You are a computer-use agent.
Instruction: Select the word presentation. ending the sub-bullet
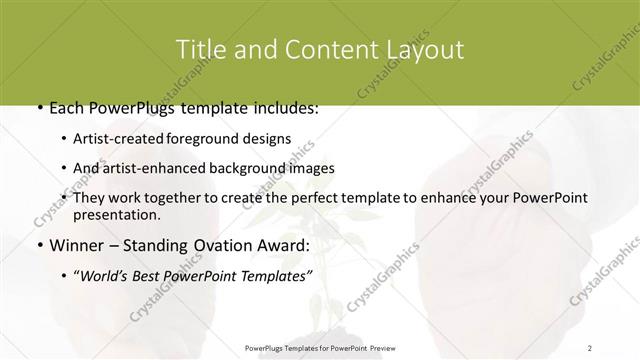pyautogui.click(x=116, y=214)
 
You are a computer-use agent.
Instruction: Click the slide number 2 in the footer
pyautogui.click(x=590, y=347)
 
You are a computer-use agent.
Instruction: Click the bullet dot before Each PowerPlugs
pyautogui.click(x=38, y=108)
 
